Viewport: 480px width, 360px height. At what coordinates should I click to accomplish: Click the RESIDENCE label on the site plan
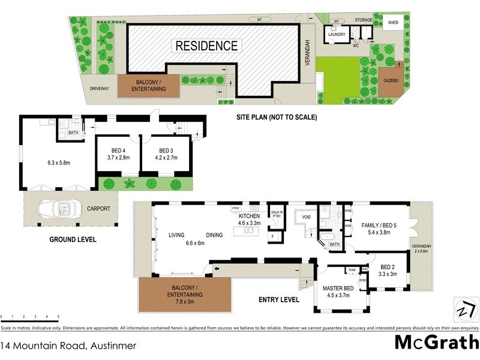tap(206, 46)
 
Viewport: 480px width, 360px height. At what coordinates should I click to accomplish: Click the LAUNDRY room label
tap(336, 34)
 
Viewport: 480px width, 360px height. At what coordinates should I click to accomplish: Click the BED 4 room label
tap(119, 151)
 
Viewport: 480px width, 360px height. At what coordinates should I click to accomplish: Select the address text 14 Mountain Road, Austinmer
tap(68, 346)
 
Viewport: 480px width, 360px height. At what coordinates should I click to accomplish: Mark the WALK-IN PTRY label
tap(277, 214)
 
